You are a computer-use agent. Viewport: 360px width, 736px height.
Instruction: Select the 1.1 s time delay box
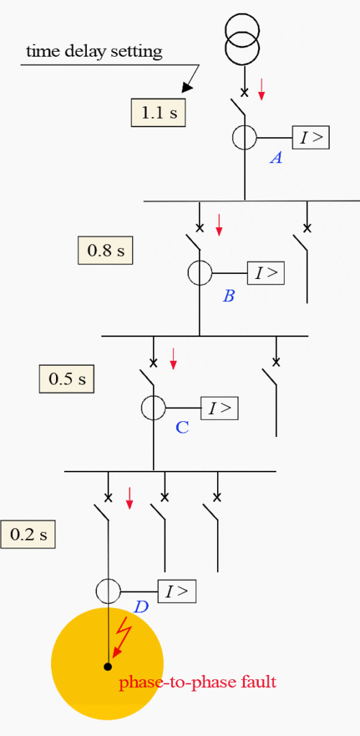(158, 112)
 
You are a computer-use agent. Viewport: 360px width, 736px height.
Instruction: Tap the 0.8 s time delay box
(106, 250)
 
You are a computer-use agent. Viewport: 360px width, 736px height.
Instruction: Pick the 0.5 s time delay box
(67, 379)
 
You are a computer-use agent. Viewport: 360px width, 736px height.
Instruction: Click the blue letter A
(275, 159)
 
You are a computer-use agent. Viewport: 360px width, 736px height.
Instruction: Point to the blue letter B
(229, 295)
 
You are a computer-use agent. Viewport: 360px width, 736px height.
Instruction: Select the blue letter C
(183, 428)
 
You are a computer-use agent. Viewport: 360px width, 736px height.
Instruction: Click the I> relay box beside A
(310, 137)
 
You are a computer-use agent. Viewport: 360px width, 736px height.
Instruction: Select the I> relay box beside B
(266, 273)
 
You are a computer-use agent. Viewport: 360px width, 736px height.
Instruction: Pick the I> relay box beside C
(219, 408)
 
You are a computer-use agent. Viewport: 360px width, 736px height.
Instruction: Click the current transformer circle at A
(244, 137)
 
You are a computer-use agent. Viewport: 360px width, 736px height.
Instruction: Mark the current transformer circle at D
(108, 592)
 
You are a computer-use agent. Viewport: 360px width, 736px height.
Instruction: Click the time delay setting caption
(94, 51)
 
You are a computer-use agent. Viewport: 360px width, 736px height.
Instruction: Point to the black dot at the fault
(107, 667)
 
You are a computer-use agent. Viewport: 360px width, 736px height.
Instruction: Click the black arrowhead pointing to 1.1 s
(188, 87)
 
